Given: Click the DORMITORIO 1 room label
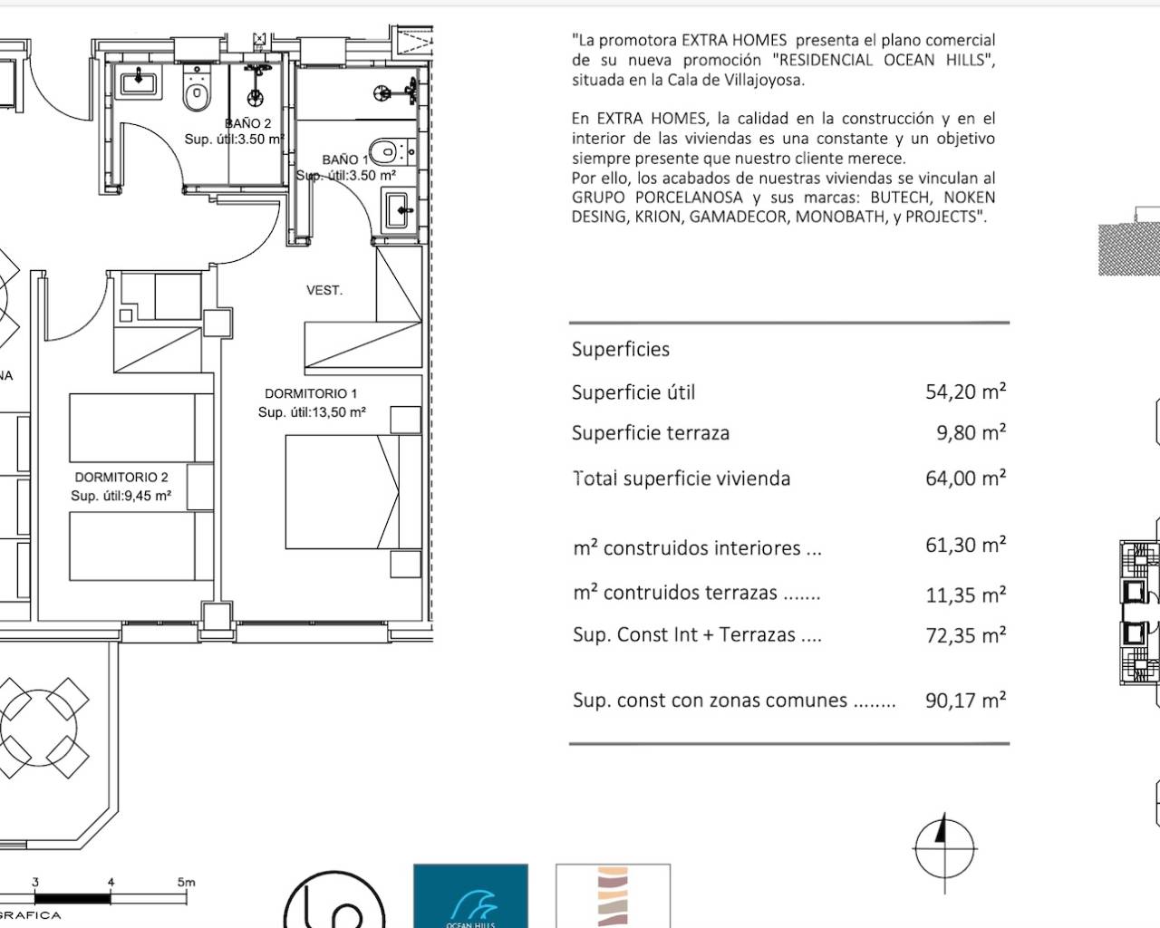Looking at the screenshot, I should click(x=311, y=393).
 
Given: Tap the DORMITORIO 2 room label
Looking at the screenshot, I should click(x=121, y=477).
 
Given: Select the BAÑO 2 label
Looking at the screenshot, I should click(x=247, y=123).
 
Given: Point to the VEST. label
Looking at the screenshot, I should click(x=324, y=290).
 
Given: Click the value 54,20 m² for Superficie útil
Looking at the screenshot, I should click(x=965, y=391).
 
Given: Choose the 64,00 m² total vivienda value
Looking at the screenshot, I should click(x=965, y=478).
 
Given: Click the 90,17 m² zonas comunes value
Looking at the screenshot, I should click(x=965, y=700).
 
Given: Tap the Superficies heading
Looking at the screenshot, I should click(x=621, y=349).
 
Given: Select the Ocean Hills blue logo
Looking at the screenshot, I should click(x=470, y=895).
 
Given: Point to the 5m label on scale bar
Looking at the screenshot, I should click(x=186, y=881).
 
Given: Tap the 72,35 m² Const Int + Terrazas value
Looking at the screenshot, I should click(x=965, y=635).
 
